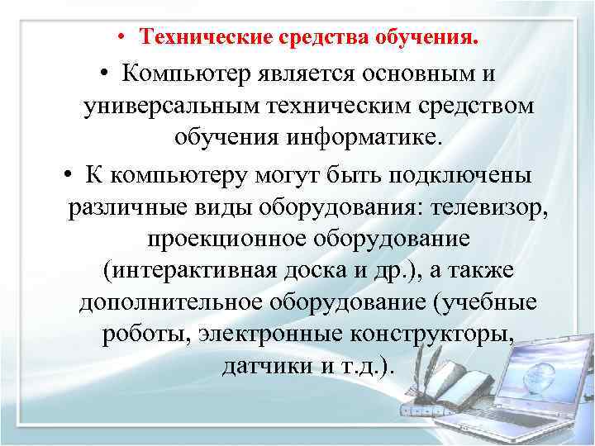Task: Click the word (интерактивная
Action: [x=187, y=270]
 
